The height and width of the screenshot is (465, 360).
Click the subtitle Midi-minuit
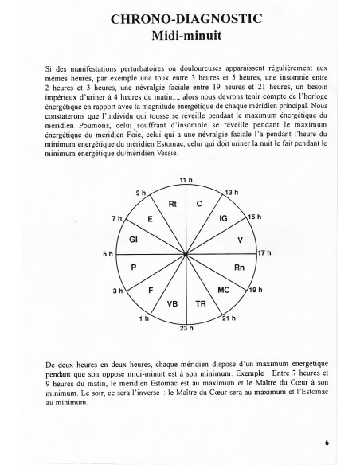(180, 35)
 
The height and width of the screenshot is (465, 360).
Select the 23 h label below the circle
(186, 328)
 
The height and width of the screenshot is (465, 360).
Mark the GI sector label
(135, 240)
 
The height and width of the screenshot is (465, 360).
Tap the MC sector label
(224, 291)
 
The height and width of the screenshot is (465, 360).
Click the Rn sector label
(239, 268)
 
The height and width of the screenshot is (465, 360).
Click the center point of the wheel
(186, 254)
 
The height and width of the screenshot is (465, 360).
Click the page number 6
(327, 444)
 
